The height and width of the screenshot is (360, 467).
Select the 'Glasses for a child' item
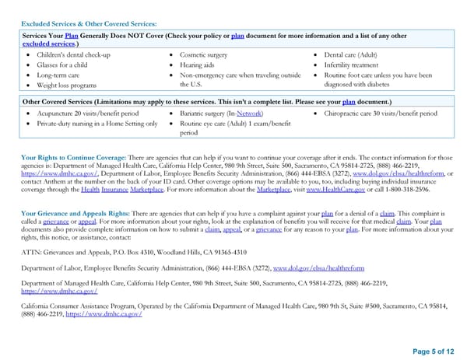click(x=63, y=65)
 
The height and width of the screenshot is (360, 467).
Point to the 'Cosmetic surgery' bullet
click(x=204, y=55)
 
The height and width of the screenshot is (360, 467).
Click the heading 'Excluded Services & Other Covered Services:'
click(x=89, y=24)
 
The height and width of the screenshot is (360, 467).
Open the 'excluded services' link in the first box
click(x=47, y=44)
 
